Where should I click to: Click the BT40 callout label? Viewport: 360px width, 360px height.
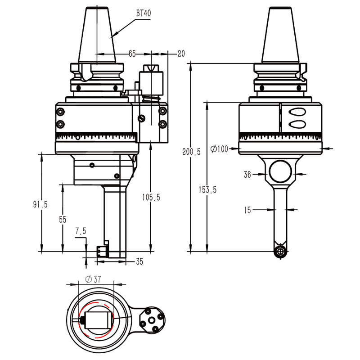tap(144, 13)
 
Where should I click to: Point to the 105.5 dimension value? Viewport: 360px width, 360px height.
tap(151, 197)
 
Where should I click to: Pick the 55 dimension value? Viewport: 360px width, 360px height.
tap(62, 219)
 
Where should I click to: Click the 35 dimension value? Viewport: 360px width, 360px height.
tap(139, 261)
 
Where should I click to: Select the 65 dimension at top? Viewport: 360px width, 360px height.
tap(132, 54)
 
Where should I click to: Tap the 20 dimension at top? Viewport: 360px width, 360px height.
tap(181, 54)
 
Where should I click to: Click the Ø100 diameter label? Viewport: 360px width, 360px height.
tap(220, 148)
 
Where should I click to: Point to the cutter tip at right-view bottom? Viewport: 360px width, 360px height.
tap(281, 252)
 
